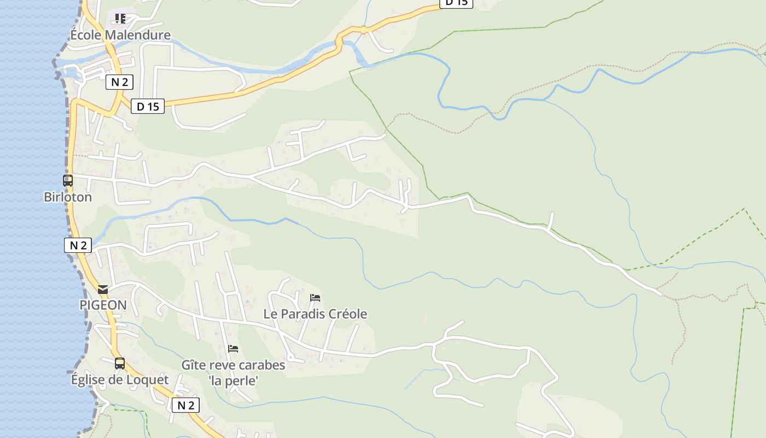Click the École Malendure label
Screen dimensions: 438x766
pyautogui.click(x=120, y=35)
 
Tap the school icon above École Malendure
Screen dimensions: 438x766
pyautogui.click(x=120, y=19)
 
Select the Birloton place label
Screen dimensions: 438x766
pyautogui.click(x=68, y=197)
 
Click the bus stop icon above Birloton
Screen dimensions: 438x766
pyautogui.click(x=68, y=181)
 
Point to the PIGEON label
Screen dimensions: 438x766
pyautogui.click(x=103, y=305)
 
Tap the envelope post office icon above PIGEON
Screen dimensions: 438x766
pyautogui.click(x=103, y=290)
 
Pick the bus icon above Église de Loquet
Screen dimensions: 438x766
pyautogui.click(x=120, y=364)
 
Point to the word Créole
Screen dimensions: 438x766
pyautogui.click(x=347, y=314)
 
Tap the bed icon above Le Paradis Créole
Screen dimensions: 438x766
pyautogui.click(x=315, y=298)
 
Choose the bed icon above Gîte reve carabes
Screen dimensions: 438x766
pyautogui.click(x=233, y=349)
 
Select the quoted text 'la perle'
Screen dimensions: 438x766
pyautogui.click(x=233, y=381)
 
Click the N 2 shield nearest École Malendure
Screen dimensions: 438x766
pyautogui.click(x=119, y=82)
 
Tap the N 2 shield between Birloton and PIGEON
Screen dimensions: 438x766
pyautogui.click(x=78, y=245)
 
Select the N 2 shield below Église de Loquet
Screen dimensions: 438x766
pyautogui.click(x=185, y=405)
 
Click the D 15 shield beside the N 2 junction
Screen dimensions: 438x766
pyautogui.click(x=148, y=106)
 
